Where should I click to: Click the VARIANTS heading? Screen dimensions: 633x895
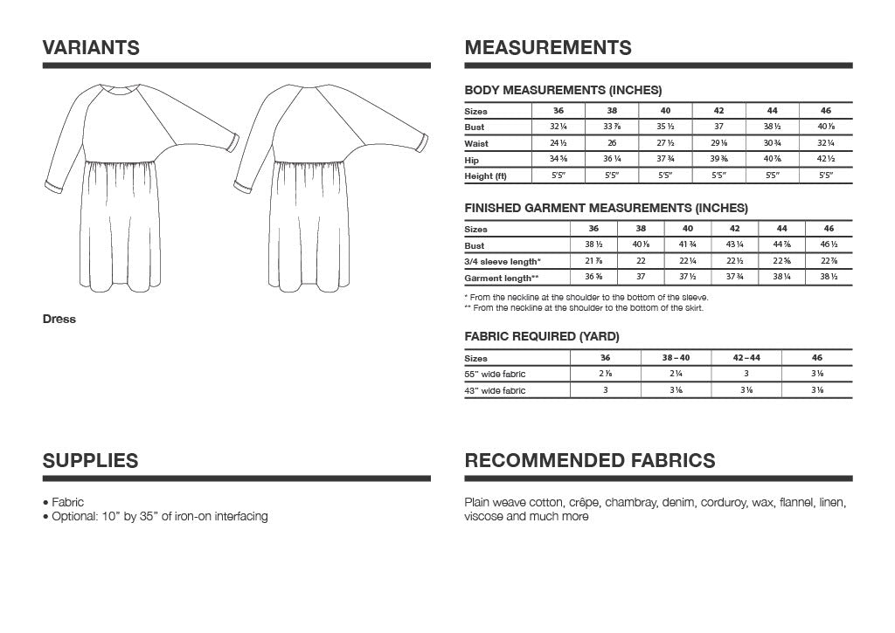click(x=91, y=48)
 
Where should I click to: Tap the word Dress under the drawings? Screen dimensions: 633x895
click(x=59, y=320)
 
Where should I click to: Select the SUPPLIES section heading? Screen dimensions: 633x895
click(x=90, y=461)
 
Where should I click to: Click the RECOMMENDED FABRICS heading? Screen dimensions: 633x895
click(x=589, y=461)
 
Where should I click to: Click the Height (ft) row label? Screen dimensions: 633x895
click(x=485, y=176)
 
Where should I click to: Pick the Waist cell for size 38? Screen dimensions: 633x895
click(x=612, y=143)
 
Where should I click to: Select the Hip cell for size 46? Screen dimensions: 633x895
click(x=826, y=160)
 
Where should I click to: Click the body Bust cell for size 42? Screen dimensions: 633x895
click(x=718, y=127)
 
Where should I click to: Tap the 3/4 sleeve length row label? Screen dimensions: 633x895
click(x=503, y=262)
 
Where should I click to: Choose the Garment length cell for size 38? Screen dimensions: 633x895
click(x=641, y=278)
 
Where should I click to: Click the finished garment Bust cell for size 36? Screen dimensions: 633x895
click(x=594, y=246)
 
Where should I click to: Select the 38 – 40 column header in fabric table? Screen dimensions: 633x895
click(x=675, y=358)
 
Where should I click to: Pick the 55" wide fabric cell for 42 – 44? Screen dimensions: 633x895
click(x=746, y=375)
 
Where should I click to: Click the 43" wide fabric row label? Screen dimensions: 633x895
click(x=495, y=391)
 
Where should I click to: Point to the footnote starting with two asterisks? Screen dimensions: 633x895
click(x=583, y=307)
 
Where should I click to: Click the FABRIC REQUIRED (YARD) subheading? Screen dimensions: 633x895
click(x=542, y=337)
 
